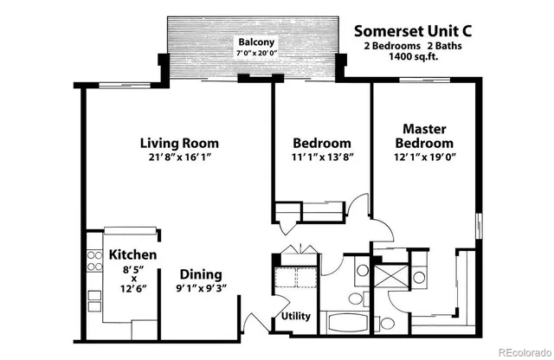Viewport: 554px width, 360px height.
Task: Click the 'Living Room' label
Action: click(179, 143)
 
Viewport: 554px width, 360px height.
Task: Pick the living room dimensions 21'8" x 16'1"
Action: click(179, 157)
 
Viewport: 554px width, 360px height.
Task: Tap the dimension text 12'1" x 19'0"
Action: click(424, 157)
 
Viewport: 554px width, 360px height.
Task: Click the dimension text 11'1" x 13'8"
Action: click(321, 157)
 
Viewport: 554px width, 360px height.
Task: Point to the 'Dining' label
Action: click(200, 274)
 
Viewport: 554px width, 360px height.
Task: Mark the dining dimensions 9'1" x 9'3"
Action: click(200, 289)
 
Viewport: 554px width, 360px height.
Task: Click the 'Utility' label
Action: click(296, 316)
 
